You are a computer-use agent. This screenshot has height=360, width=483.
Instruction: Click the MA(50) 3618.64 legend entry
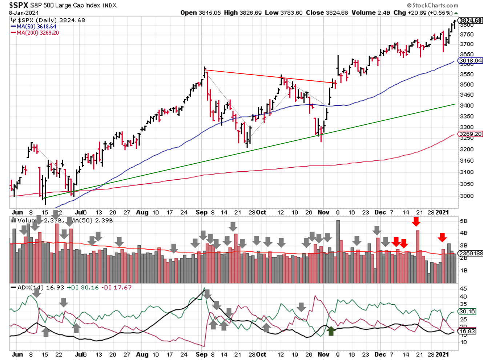coord(36,27)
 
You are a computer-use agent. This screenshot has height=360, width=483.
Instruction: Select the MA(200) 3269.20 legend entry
coord(37,33)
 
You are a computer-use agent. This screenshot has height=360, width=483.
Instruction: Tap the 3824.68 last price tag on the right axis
coord(470,21)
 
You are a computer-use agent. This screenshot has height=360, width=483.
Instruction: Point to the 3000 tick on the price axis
coord(467,196)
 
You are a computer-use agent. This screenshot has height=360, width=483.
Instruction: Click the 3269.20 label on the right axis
coord(470,134)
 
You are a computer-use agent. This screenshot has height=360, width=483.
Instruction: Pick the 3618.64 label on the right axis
coord(470,61)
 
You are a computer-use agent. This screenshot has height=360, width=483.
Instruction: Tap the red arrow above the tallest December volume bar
coord(416,221)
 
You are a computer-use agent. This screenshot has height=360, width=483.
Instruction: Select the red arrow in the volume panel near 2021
coord(442,237)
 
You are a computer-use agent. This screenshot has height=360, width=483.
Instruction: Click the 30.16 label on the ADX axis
coord(467,311)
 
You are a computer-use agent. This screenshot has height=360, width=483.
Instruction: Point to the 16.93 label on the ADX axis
coord(467,331)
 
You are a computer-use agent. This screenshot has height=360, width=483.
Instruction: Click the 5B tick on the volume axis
coord(463,221)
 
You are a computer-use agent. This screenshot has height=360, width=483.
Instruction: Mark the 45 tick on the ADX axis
coord(463,289)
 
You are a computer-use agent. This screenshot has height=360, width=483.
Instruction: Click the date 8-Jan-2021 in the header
coord(24,13)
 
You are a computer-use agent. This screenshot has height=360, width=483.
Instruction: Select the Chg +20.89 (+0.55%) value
coord(423,13)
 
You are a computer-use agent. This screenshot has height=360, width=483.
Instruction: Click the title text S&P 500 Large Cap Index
coord(73,5)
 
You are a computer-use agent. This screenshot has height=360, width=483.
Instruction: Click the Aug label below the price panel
coord(142,212)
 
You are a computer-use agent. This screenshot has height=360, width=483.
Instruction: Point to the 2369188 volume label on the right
coord(471,253)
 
